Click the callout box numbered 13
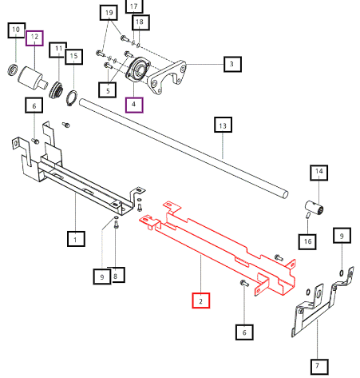pyautogui.click(x=223, y=125)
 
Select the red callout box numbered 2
pyautogui.click(x=201, y=300)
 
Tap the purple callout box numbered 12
pyautogui.click(x=34, y=38)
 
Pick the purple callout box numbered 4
pyautogui.click(x=134, y=105)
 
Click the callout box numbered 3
pyautogui.click(x=232, y=64)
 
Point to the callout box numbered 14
pyautogui.click(x=318, y=173)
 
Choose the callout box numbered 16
pyautogui.click(x=307, y=241)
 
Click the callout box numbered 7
pyautogui.click(x=319, y=367)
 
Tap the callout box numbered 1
pyautogui.click(x=76, y=239)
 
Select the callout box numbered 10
pyautogui.click(x=17, y=30)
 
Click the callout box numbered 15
pyautogui.click(x=73, y=57)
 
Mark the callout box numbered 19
pyautogui.click(x=109, y=13)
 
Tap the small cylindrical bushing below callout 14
pyautogui.click(x=315, y=208)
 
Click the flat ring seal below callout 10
pyautogui.click(x=12, y=70)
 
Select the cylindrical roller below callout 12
pyautogui.click(x=33, y=77)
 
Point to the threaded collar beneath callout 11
pyautogui.click(x=56, y=90)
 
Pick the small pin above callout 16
pyautogui.click(x=308, y=215)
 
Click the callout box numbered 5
pyautogui.click(x=107, y=90)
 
